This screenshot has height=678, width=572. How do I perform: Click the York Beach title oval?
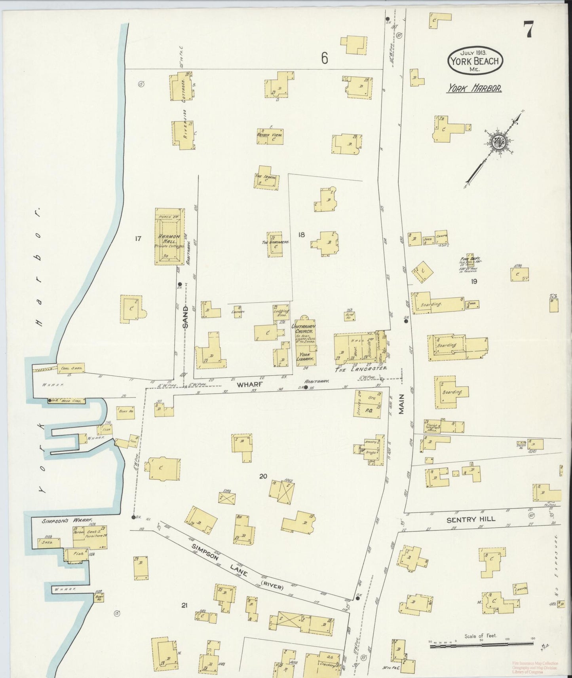coord(475,61)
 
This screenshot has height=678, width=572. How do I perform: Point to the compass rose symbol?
coord(497,142)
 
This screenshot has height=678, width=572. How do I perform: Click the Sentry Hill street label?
coord(470,519)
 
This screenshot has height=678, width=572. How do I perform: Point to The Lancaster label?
coord(360,369)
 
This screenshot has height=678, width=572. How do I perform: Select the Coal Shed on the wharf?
coord(71,368)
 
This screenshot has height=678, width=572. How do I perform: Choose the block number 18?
coord(301,235)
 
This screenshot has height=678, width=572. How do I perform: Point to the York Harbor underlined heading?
coord(474,89)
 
